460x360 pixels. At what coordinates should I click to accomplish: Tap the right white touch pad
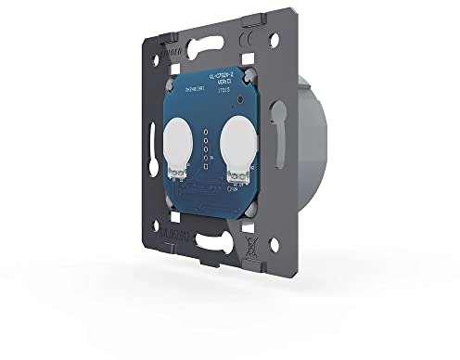[x=236, y=148]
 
